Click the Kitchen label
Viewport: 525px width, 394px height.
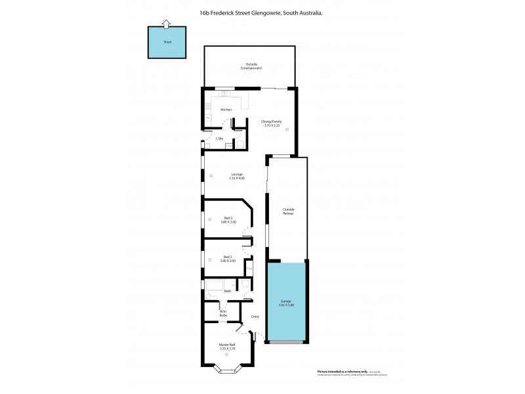click(226, 110)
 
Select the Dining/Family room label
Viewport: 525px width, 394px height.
click(272, 121)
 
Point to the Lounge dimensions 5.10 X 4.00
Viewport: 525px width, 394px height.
click(237, 179)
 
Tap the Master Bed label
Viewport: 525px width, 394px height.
click(228, 345)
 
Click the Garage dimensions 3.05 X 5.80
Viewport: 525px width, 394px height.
click(287, 305)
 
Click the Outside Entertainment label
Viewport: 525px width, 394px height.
click(250, 66)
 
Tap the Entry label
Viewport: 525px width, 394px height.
click(255, 317)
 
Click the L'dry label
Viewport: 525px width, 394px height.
click(220, 139)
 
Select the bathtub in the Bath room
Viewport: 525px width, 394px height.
click(217, 285)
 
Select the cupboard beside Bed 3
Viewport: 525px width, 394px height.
click(249, 268)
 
